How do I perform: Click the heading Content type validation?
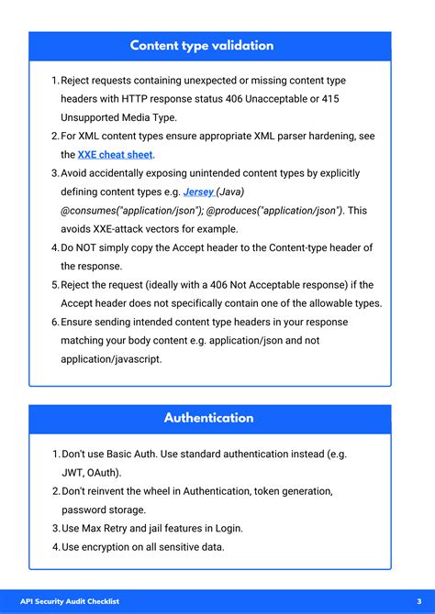click(202, 46)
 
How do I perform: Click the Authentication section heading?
click(209, 418)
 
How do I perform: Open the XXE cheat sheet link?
click(116, 155)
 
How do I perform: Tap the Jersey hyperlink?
click(199, 192)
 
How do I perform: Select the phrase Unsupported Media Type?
click(117, 117)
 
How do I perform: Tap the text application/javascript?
click(111, 359)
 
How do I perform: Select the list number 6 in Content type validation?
click(54, 322)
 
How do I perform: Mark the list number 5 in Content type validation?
click(54, 285)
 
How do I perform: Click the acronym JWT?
click(72, 473)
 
